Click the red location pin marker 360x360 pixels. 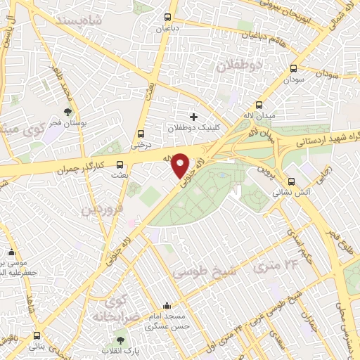tap(181, 165)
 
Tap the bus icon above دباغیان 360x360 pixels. tap(167, 18)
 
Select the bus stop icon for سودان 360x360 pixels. tap(293, 69)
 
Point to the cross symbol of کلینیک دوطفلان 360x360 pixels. tap(193, 116)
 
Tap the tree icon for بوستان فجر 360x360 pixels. tap(68, 111)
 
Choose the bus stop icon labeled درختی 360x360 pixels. tap(141, 134)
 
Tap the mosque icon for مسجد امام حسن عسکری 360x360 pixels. tap(167, 306)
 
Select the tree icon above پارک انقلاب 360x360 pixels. tap(122, 340)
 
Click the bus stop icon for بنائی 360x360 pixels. tap(34, 337)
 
